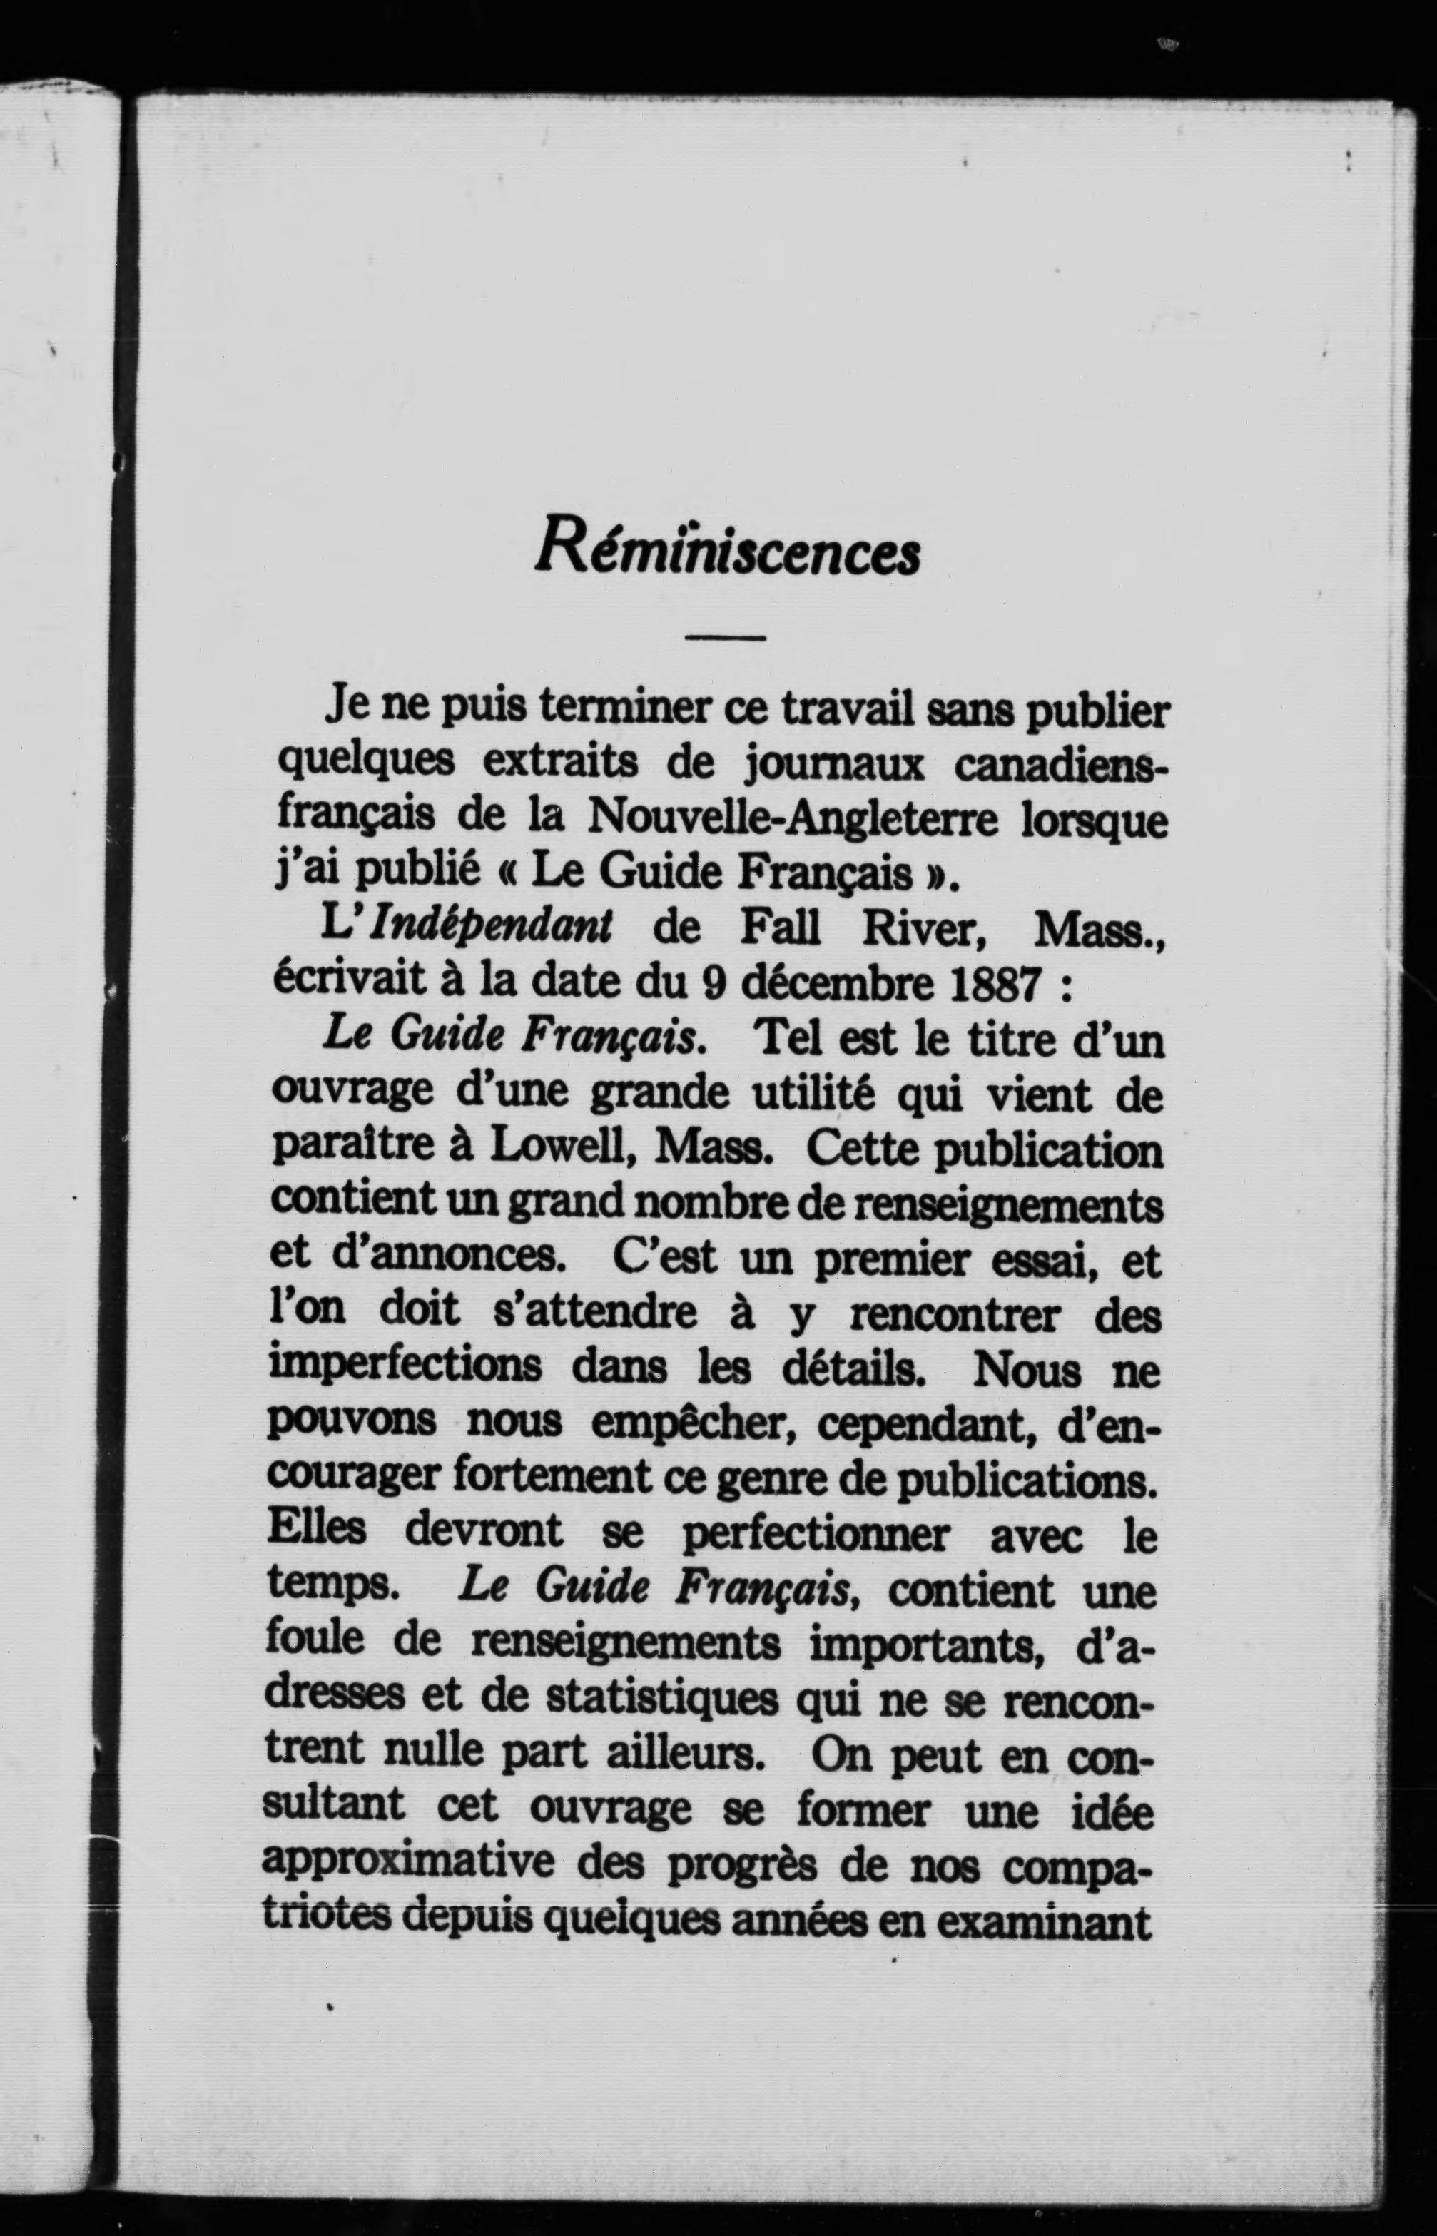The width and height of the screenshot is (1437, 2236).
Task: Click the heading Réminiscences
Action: [727, 549]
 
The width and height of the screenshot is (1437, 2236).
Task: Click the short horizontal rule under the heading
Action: [724, 638]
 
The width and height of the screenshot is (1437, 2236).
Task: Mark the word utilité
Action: [813, 1094]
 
